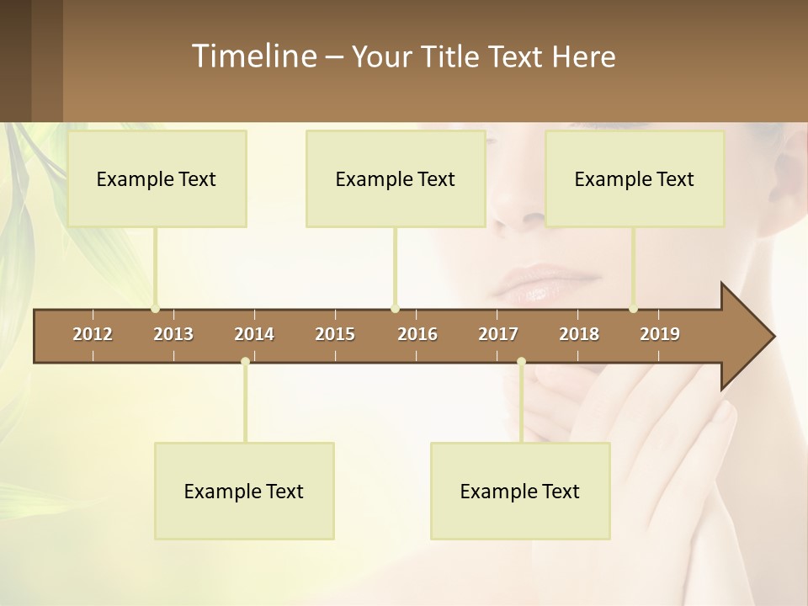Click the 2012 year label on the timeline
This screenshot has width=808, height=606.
93,334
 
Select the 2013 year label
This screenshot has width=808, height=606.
173,334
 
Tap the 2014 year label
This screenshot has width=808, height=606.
254,334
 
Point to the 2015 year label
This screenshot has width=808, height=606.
335,334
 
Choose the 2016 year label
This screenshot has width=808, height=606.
417,334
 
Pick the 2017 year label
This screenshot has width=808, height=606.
498,334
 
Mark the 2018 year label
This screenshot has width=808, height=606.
579,334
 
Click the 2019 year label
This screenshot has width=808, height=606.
660,334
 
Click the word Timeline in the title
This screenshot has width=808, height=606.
253,56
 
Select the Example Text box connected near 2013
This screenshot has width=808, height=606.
157,178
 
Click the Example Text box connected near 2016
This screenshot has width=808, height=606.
396,178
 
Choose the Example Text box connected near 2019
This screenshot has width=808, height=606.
635,178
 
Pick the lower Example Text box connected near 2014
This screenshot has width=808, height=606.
244,491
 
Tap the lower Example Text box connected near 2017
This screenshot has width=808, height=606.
520,491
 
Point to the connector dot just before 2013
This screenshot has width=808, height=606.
155,308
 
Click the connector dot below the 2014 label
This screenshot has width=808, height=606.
245,362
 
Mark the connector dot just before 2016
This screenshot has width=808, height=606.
395,308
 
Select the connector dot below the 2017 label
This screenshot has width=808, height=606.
521,362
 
